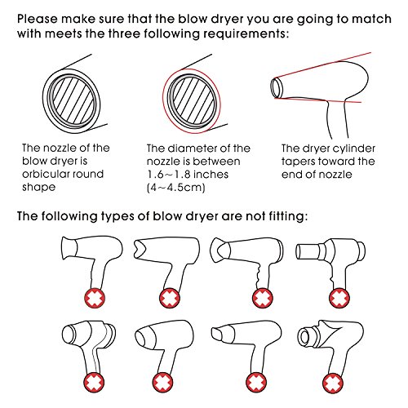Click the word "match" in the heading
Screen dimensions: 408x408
coord(371,20)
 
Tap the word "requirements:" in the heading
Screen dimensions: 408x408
coord(246,34)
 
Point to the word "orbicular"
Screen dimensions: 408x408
coord(42,174)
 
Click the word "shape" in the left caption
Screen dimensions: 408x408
coord(39,188)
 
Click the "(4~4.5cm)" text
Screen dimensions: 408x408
coord(175,188)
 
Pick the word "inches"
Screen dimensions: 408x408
coord(211,175)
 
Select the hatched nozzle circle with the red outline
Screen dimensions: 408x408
coord(192,100)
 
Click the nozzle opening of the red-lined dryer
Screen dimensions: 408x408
coord(277,87)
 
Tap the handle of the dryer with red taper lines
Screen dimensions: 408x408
coord(336,120)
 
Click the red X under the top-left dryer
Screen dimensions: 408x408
coord(95,299)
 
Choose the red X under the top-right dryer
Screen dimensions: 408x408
coord(339,299)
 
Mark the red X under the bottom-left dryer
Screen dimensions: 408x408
coord(94,383)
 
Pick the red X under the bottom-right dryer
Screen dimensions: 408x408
coord(333,383)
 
